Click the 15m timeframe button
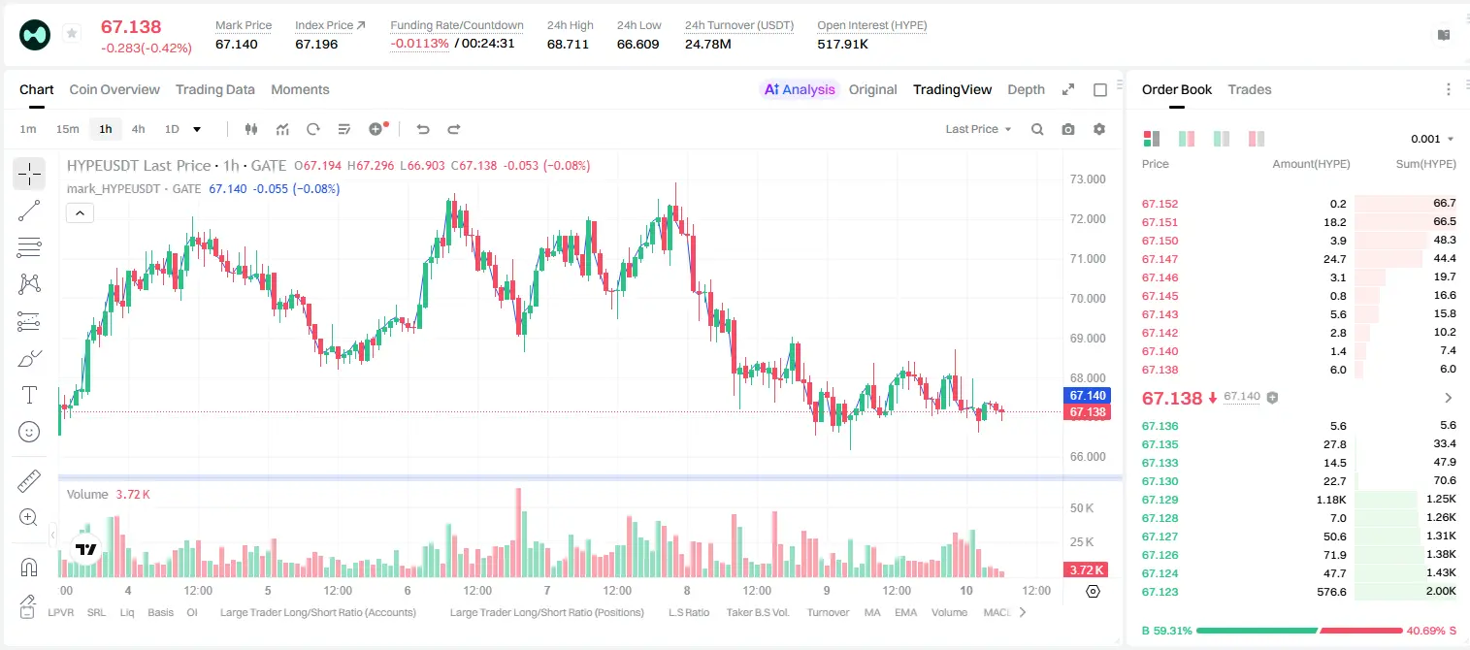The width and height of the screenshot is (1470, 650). [68, 129]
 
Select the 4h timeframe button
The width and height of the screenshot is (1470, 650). [138, 129]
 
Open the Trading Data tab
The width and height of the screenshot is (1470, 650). [215, 89]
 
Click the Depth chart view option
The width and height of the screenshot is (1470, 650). [1026, 89]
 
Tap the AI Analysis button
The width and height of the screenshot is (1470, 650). [800, 89]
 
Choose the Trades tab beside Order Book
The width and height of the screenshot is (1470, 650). [1250, 89]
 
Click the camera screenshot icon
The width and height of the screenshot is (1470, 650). [1068, 129]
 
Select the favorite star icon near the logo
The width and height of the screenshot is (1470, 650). [72, 33]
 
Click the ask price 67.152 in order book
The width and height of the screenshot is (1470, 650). [1160, 204]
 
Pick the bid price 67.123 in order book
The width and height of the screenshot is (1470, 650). [1160, 592]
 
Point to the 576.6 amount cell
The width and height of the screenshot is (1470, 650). [1331, 592]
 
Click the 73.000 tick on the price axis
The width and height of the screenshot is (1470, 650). [1088, 179]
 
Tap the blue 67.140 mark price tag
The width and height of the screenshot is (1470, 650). [1087, 396]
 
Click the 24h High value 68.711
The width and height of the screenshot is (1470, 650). [568, 44]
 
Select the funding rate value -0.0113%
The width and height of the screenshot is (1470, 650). [420, 44]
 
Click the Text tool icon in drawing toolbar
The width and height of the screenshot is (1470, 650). [29, 395]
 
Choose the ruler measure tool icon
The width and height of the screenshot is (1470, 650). [29, 481]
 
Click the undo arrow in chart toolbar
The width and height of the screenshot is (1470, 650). [423, 129]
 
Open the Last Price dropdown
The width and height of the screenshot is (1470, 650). [978, 129]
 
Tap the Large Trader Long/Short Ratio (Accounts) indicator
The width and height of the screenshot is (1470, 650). [317, 612]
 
